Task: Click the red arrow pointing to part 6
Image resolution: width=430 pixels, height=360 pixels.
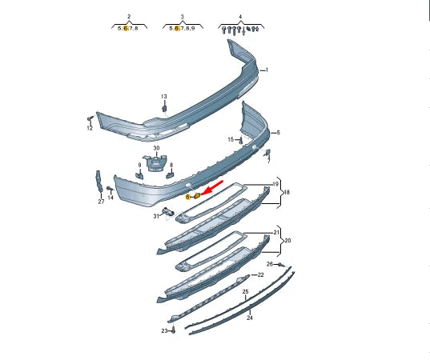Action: point(212,188)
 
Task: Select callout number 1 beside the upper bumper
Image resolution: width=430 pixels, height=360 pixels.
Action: point(267,70)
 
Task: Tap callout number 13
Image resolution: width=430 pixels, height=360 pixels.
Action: point(163,97)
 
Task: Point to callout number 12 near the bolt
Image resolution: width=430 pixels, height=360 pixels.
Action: point(90,128)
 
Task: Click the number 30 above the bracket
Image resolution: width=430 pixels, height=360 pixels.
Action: point(156,148)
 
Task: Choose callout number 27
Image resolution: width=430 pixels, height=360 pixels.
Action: point(101,202)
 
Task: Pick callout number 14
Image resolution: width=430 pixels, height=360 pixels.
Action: point(111,198)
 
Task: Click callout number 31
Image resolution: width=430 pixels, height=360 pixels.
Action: point(156,216)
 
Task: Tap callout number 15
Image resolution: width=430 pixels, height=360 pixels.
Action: point(231,139)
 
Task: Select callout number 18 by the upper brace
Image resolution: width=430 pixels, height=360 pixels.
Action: point(287,192)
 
